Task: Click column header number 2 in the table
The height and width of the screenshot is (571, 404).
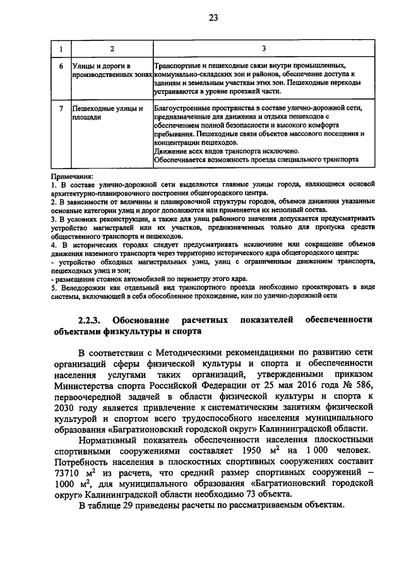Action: (112, 49)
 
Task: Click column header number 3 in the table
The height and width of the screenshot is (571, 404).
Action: (264, 49)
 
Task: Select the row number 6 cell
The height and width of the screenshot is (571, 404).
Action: (61, 65)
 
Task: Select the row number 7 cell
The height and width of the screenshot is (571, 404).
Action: (61, 108)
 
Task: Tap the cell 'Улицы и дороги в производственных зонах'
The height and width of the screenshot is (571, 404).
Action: (112, 69)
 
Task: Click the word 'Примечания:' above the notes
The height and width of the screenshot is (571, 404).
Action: (72, 176)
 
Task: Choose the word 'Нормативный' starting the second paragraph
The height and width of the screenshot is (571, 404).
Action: (111, 440)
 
